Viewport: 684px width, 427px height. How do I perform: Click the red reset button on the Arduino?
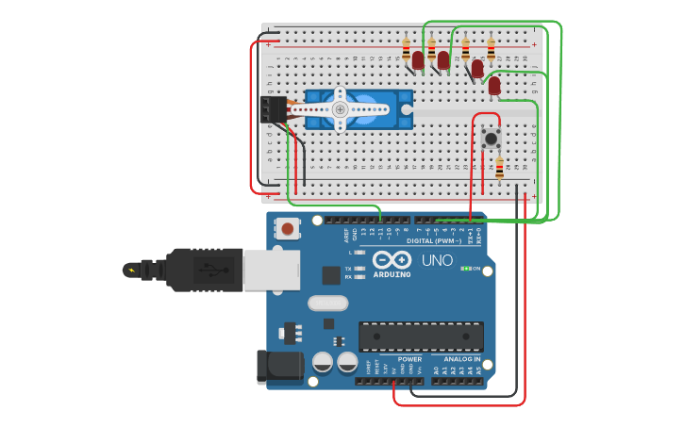point(286,228)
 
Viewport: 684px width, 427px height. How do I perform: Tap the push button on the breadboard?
point(491,138)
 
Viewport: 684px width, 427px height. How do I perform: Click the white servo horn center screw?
point(341,109)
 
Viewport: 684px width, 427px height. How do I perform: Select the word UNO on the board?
point(436,260)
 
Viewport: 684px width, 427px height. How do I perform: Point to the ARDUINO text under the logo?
point(392,275)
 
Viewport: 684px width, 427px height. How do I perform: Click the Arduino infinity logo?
point(392,260)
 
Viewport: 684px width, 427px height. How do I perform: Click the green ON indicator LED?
point(465,269)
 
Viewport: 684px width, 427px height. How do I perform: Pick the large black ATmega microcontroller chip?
point(421,336)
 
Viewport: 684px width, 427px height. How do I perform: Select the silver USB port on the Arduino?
point(272,270)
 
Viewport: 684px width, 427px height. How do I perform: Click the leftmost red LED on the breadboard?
point(418,60)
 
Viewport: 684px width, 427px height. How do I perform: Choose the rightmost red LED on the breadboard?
point(494,86)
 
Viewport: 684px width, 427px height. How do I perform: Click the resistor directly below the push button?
point(499,168)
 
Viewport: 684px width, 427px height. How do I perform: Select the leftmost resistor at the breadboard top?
point(407,49)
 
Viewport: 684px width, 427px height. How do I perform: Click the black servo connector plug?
point(275,109)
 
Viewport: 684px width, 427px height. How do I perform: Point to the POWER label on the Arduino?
point(409,359)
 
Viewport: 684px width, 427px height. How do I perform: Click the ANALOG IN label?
point(462,359)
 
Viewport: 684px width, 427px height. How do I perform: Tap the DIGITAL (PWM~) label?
point(434,240)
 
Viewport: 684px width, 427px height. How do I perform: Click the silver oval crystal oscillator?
point(327,303)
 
